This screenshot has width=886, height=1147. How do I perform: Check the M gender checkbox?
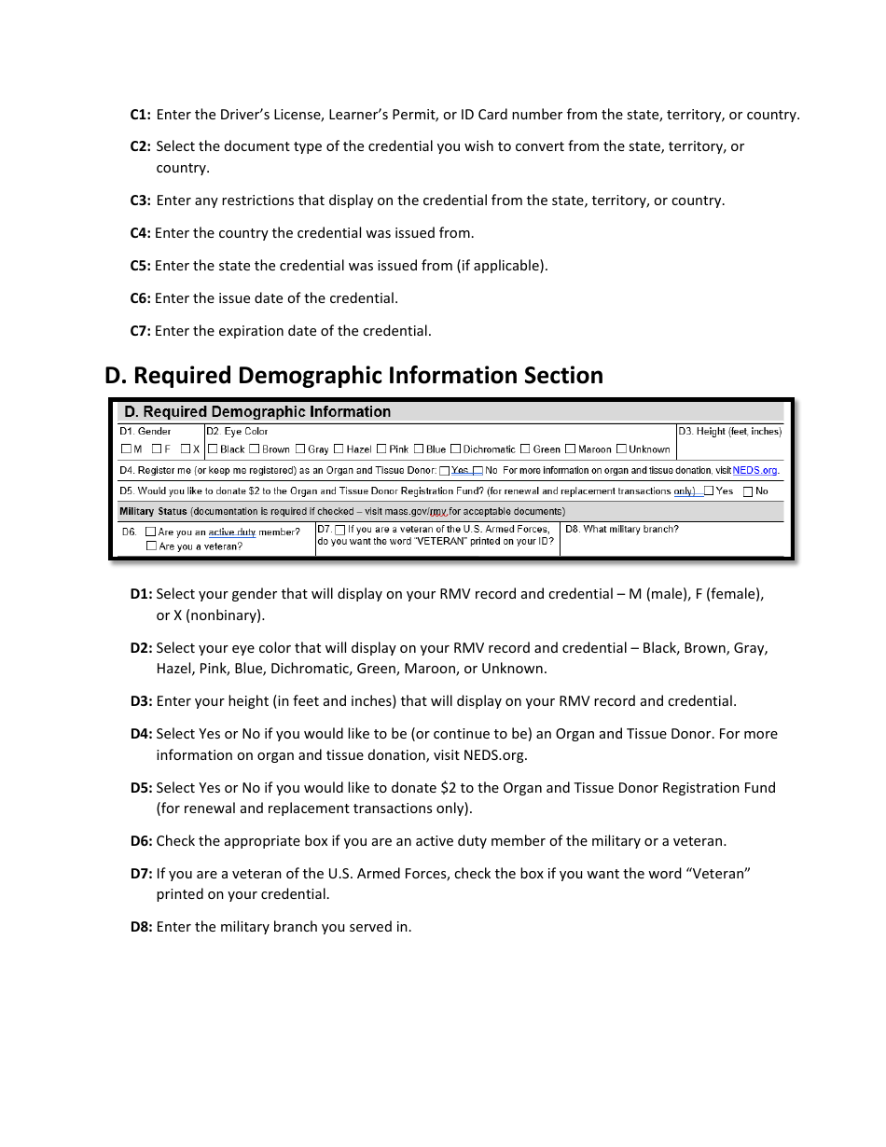pos(126,449)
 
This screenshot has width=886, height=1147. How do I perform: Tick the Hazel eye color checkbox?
pos(339,449)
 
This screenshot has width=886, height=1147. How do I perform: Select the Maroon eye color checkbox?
pos(571,449)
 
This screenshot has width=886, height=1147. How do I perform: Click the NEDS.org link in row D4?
pos(754,471)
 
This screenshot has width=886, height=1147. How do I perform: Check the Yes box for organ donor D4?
pos(444,471)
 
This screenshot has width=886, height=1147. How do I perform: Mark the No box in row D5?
pos(748,491)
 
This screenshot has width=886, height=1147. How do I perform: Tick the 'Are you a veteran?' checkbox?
pos(151,546)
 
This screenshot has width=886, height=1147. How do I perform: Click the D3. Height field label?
pos(729,432)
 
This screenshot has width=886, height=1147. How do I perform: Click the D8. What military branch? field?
pos(622,530)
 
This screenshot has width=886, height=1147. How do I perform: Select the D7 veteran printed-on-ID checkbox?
pos(340,530)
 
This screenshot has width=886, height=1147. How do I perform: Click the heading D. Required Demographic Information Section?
pos(353,376)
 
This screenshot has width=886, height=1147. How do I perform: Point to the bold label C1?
pos(140,115)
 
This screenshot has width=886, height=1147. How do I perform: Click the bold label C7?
pos(140,331)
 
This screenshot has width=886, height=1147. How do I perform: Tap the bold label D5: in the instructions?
pos(141,788)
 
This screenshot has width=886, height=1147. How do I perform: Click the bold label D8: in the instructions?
pos(141,927)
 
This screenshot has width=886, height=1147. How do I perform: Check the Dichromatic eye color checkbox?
pos(456,449)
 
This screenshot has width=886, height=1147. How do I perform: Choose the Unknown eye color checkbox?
pos(621,449)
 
